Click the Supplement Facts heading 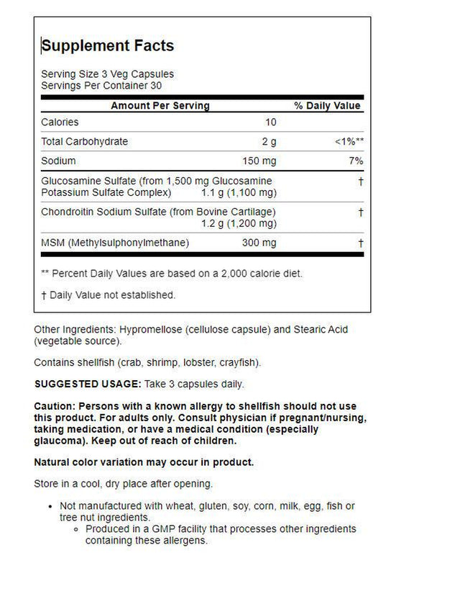(x=108, y=46)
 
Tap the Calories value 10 (x=270, y=122)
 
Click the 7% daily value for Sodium (x=355, y=161)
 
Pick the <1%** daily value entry (x=349, y=142)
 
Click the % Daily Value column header (x=327, y=106)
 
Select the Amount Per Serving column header (x=160, y=106)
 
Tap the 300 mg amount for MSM (x=259, y=243)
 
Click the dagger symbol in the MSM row (x=360, y=243)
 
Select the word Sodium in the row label (x=58, y=161)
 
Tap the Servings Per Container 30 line (x=101, y=85)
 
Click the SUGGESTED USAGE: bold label (x=88, y=384)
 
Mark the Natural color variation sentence (x=144, y=462)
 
